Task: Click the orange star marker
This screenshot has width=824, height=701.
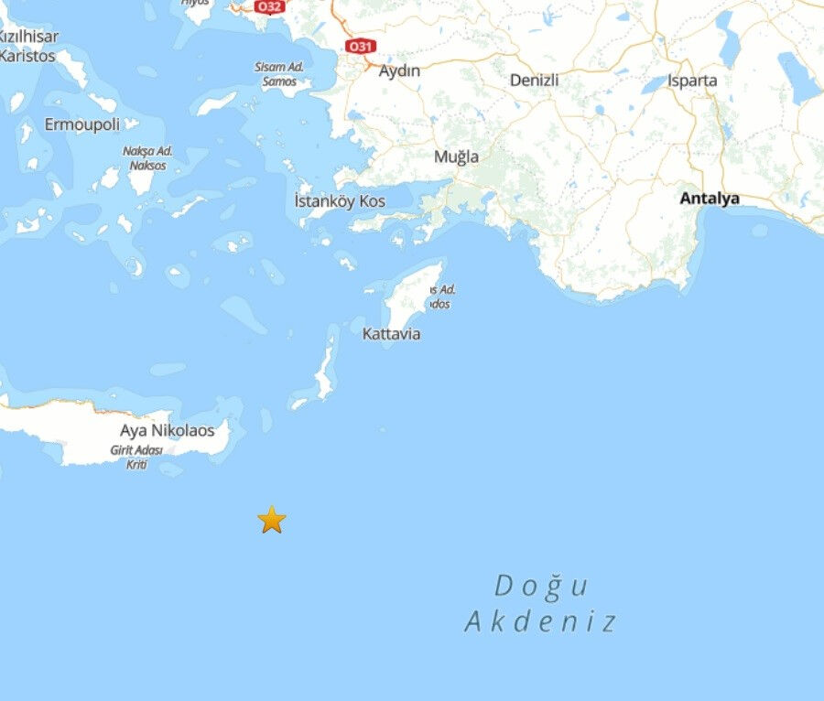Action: [271, 520]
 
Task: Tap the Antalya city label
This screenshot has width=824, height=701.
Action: [709, 198]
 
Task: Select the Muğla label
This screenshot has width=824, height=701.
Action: [456, 156]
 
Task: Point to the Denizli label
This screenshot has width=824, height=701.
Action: [534, 81]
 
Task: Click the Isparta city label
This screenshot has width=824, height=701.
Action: [692, 81]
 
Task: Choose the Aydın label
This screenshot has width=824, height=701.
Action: [399, 71]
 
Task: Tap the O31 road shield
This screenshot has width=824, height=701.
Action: [361, 46]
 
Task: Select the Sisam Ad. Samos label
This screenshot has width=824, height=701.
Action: [279, 74]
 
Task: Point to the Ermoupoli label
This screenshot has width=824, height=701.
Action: [82, 124]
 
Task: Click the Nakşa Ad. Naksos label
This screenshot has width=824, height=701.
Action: [147, 158]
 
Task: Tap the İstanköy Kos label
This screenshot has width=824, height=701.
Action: [340, 201]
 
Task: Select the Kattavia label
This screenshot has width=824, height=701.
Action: [391, 334]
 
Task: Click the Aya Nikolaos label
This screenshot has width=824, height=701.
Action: [167, 430]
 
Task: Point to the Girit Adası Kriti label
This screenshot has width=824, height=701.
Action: [136, 457]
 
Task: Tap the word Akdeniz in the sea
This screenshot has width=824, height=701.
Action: [540, 623]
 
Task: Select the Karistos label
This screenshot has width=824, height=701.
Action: [28, 56]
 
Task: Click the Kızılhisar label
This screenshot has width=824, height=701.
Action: [30, 37]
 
